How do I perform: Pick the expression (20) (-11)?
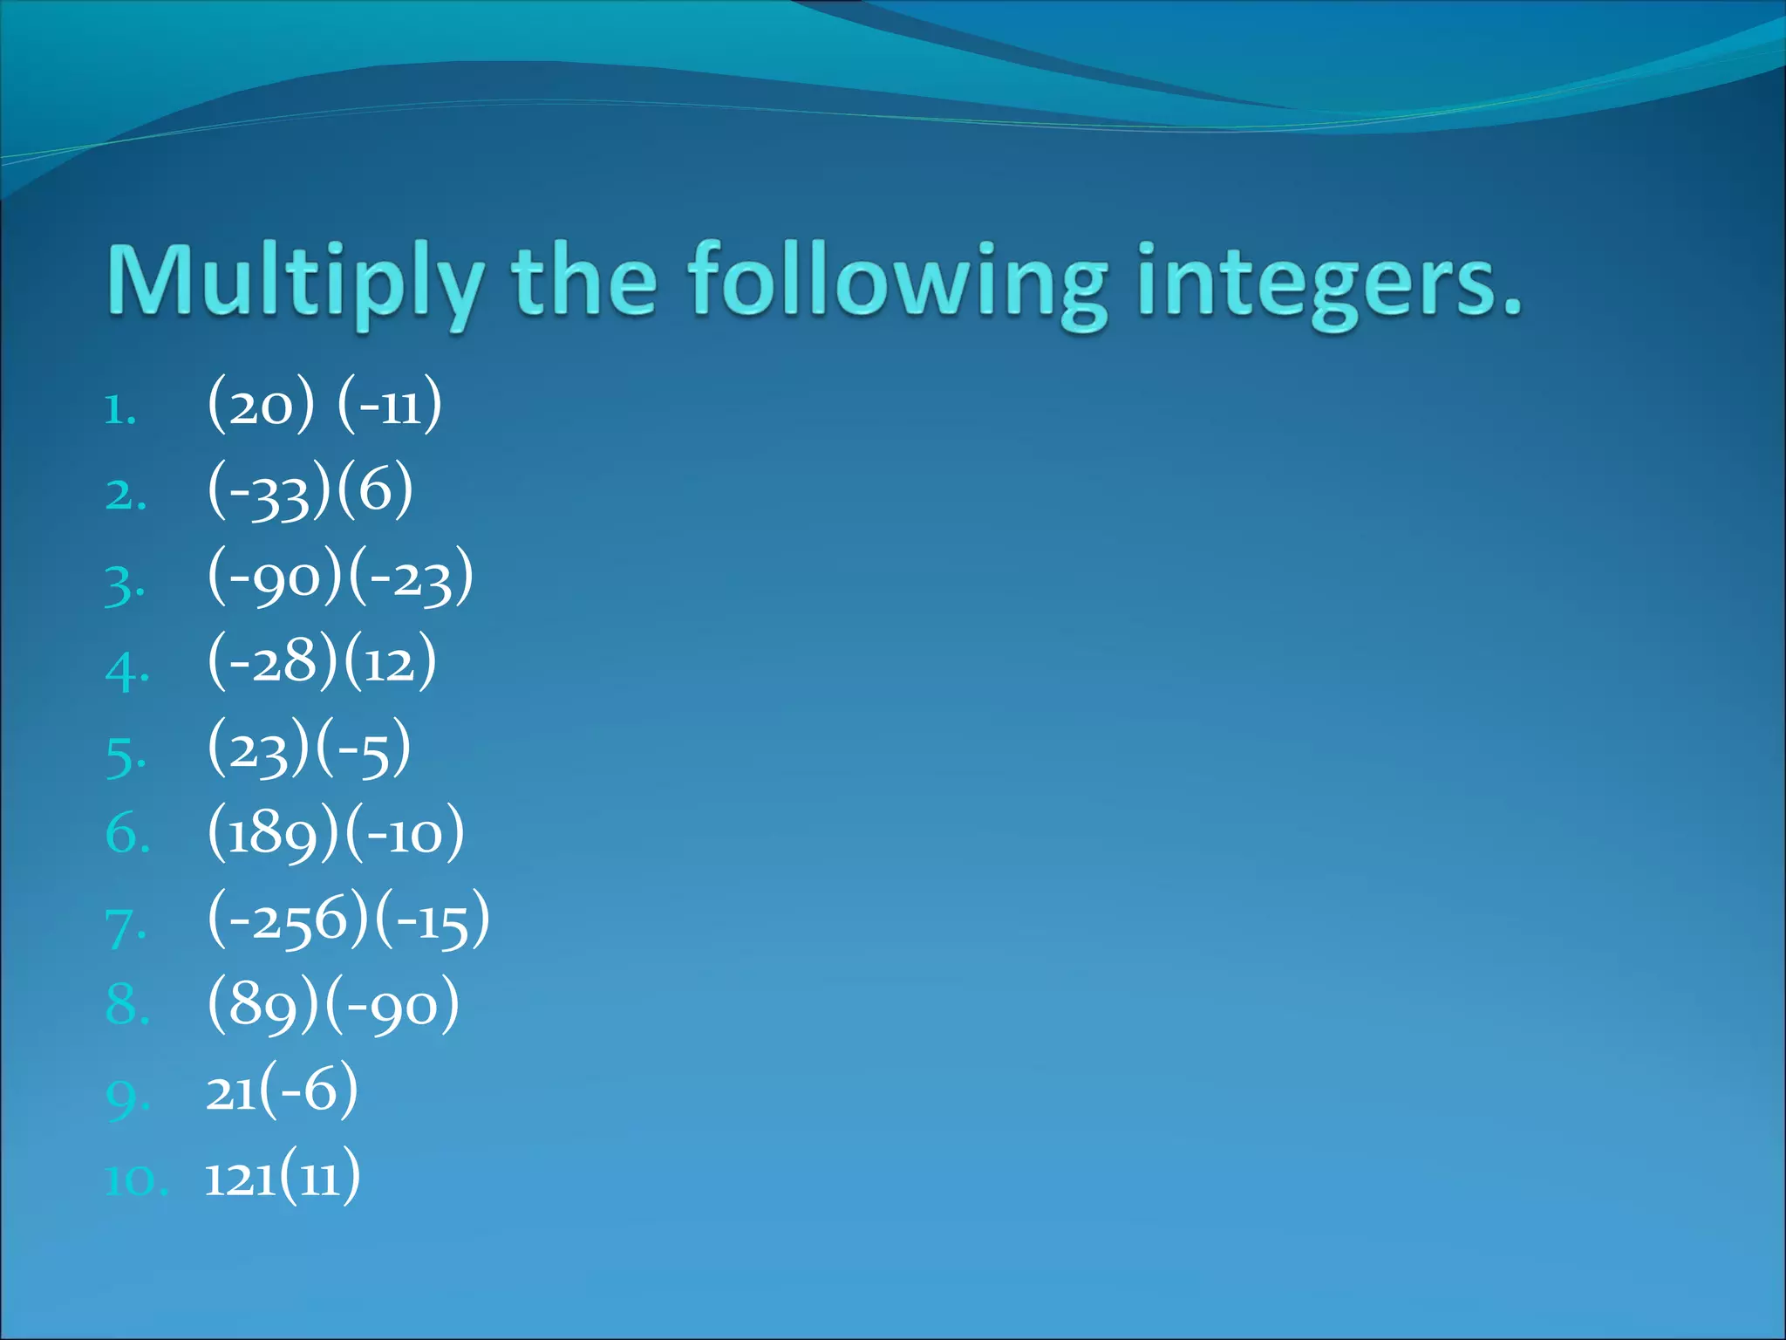[324, 405]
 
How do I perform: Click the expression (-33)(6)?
[310, 491]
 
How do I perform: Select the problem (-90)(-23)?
[340, 577]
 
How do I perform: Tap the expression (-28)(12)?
[321, 662]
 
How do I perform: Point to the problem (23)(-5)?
[308, 749]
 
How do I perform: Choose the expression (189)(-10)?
[336, 834]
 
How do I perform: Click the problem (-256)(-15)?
[348, 920]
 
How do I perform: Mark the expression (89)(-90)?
[332, 1005]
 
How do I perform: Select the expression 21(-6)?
[281, 1090]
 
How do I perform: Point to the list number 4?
[126, 670]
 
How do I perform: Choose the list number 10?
[135, 1181]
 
